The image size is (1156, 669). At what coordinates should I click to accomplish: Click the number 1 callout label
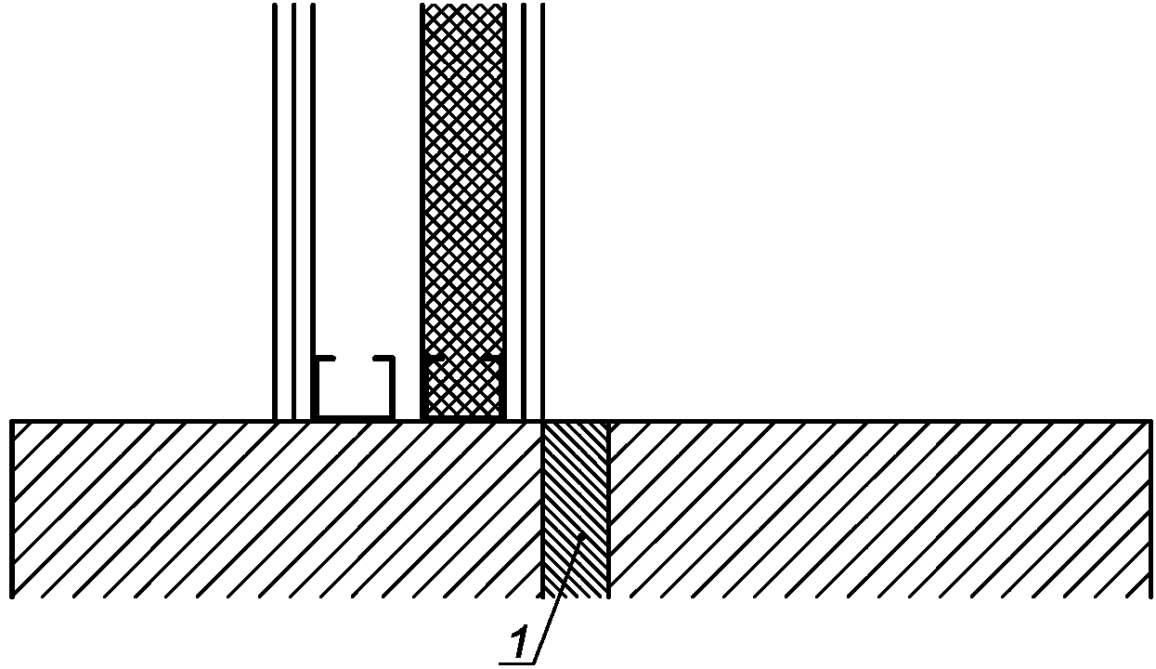pyautogui.click(x=521, y=642)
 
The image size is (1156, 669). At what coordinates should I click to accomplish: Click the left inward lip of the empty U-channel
pyautogui.click(x=325, y=358)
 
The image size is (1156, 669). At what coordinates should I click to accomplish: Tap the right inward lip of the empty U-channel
pyautogui.click(x=382, y=358)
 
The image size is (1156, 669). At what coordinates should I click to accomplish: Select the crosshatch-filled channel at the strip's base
pyautogui.click(x=463, y=388)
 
